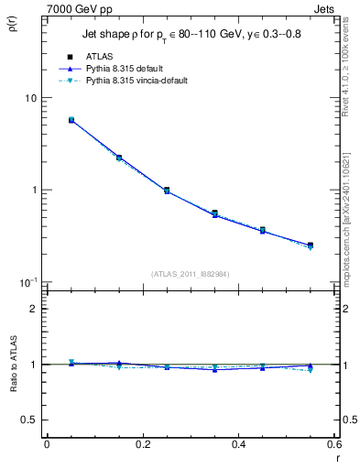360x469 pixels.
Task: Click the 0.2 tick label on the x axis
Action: tap(142, 444)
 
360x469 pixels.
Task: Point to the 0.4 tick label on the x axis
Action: tap(238, 444)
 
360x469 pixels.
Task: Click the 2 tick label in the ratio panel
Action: tap(35, 309)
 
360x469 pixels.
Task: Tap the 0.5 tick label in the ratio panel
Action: tap(31, 420)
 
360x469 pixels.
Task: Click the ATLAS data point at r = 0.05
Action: tap(71, 120)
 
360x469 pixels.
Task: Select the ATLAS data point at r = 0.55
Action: tap(311, 245)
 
